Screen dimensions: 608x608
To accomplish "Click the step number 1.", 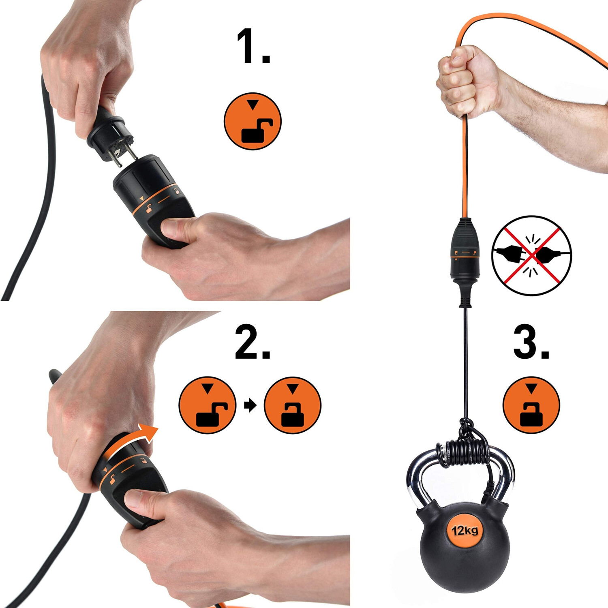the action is coord(253,47).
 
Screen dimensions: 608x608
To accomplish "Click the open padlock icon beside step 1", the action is coord(253,121).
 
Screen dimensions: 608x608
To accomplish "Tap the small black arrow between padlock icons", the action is coord(250,405).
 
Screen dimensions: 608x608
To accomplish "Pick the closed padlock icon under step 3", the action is coord(531,405).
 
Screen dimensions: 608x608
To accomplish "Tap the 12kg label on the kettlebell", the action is coord(465,530).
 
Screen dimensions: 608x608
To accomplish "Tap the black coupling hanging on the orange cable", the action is coord(465,261).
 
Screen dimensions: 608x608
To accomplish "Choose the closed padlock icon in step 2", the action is coord(292,405).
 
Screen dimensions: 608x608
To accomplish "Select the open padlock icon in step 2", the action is coord(207,405).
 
